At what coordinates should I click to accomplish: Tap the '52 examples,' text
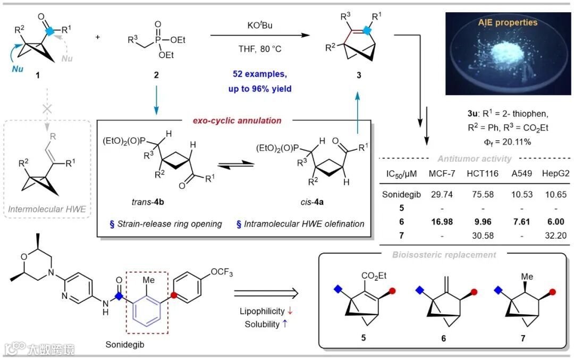260,75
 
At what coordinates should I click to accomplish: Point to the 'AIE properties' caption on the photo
508,22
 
